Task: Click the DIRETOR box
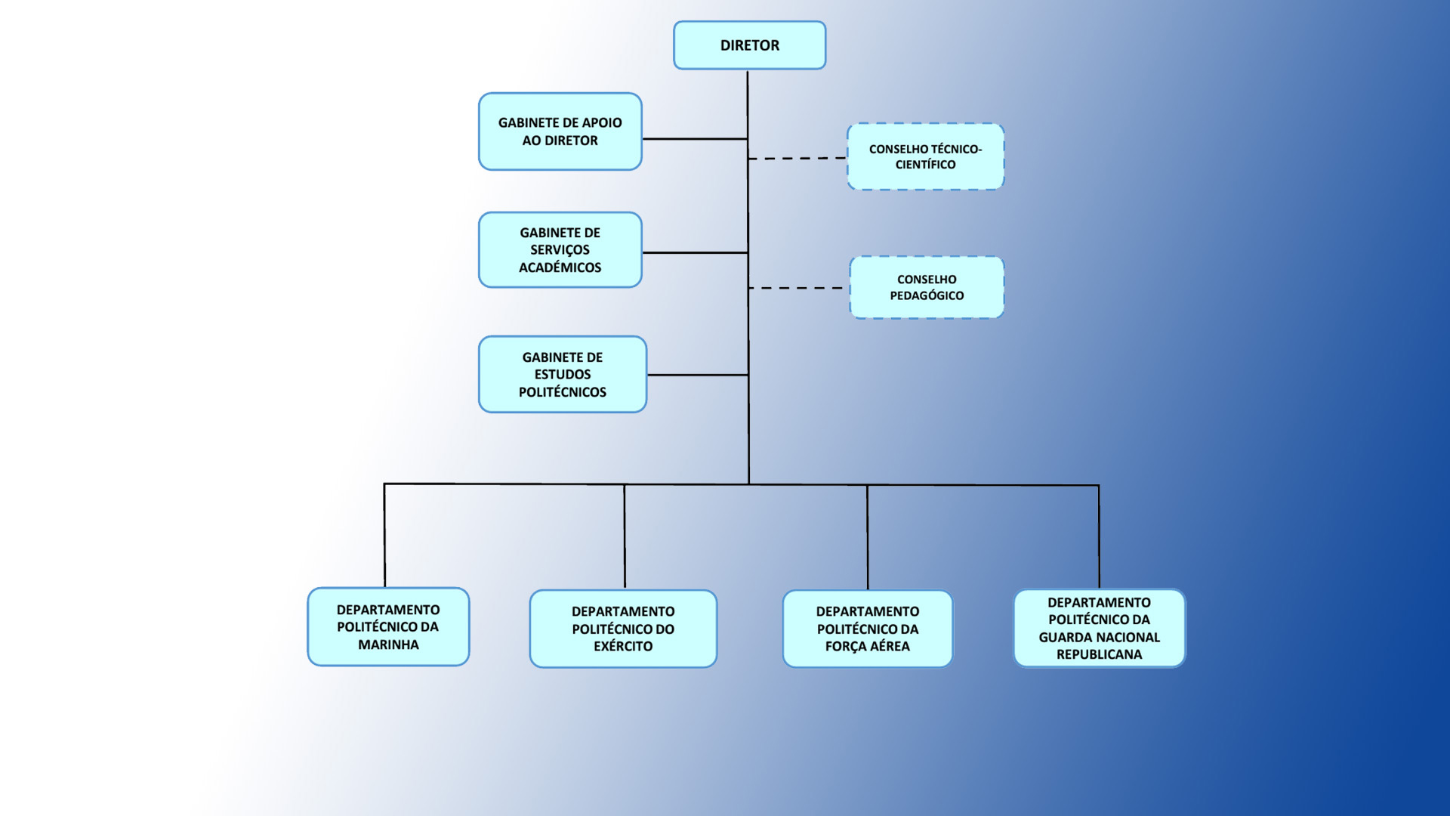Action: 749,45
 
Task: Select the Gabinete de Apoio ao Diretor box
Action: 560,131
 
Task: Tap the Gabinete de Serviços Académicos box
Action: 560,250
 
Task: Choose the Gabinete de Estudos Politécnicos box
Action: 562,375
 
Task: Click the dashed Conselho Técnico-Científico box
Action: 925,156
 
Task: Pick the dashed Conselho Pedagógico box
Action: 927,287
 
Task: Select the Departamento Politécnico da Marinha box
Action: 388,627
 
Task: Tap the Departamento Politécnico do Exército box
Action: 623,629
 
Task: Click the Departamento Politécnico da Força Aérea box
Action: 867,629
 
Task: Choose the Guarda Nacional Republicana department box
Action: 1099,629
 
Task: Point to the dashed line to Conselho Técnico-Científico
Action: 797,159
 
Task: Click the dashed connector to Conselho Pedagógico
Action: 797,288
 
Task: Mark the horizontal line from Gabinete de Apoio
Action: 695,139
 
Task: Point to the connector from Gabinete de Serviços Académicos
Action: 695,252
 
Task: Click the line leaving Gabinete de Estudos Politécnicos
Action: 697,375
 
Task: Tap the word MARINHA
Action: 388,644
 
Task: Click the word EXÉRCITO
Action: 623,646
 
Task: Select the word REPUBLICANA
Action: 1099,654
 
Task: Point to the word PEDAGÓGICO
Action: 927,295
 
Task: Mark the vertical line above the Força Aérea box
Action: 867,536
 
